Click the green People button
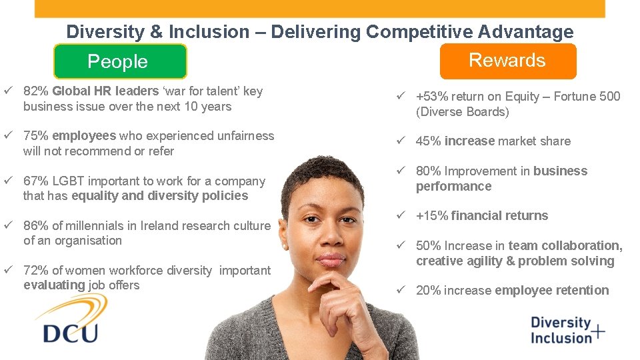pos(120,62)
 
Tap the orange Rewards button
pos(507,61)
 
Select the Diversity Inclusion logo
pos(567,330)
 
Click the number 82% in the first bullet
pos(36,91)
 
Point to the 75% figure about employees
pos(36,136)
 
